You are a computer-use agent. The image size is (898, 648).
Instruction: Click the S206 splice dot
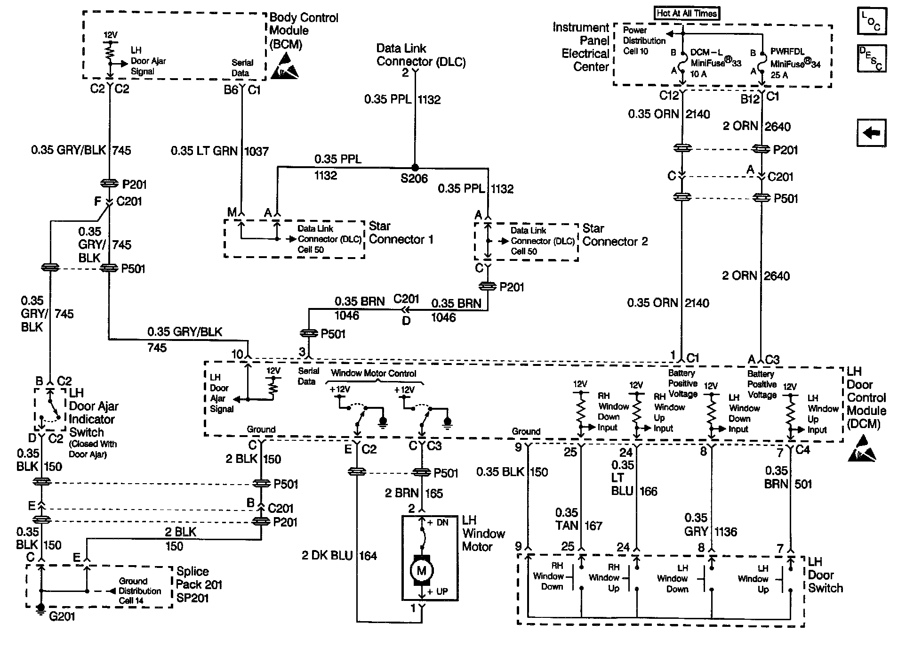pyautogui.click(x=415, y=167)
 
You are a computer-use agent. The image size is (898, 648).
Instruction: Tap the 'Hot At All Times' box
pyautogui.click(x=687, y=14)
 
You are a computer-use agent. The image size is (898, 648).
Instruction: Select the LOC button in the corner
pyautogui.click(x=871, y=21)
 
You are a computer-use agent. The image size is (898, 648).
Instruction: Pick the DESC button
pyautogui.click(x=871, y=58)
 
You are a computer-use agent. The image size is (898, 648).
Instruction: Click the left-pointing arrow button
pyautogui.click(x=871, y=133)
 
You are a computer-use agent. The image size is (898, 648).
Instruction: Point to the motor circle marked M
pyautogui.click(x=421, y=571)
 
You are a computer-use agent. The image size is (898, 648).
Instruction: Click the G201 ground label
pyautogui.click(x=62, y=616)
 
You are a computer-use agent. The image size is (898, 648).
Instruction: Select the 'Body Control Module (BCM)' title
pyautogui.click(x=303, y=31)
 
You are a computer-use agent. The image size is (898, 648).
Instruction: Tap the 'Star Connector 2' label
pyautogui.click(x=615, y=235)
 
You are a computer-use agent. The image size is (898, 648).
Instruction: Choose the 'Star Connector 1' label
pyautogui.click(x=401, y=233)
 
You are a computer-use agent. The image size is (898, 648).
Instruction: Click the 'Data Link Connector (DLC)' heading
pyautogui.click(x=421, y=55)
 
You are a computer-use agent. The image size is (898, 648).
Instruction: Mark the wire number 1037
pyautogui.click(x=257, y=151)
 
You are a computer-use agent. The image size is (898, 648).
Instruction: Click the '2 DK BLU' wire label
pyautogui.click(x=327, y=556)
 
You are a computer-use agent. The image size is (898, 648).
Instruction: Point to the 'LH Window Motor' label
pyautogui.click(x=483, y=534)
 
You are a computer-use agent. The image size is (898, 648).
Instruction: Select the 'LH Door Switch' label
pyautogui.click(x=825, y=575)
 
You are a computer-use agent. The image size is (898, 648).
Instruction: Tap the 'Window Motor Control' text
pyautogui.click(x=373, y=373)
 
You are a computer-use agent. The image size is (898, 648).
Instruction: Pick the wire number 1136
pyautogui.click(x=725, y=532)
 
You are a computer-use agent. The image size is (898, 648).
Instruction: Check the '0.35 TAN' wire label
pyautogui.click(x=566, y=519)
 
